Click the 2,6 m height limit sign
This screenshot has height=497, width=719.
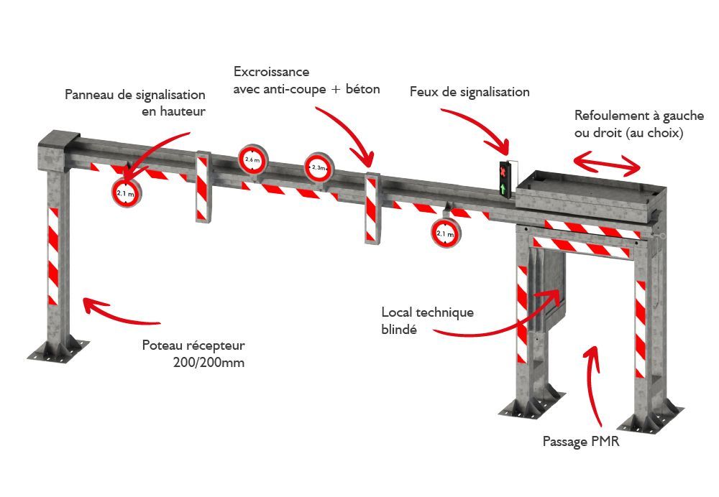252,161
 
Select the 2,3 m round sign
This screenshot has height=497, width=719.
318,167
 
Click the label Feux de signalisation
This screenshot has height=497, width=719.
470,92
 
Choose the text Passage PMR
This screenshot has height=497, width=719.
580,442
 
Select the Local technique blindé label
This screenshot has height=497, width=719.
427,320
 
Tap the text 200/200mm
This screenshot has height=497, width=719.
209,362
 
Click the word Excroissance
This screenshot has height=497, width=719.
271,73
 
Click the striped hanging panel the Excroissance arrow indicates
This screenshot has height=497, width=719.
372,208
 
